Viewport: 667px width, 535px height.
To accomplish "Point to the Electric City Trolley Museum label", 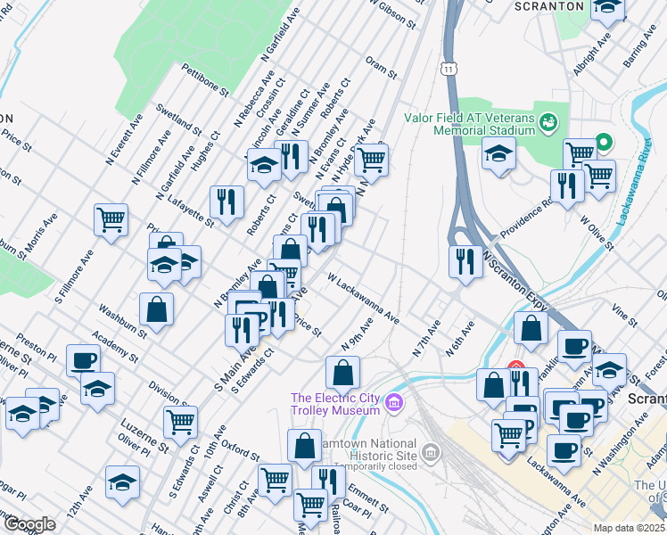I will tap(334, 404).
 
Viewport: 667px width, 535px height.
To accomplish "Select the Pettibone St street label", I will tap(205, 79).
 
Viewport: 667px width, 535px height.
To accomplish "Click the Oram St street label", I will tap(381, 67).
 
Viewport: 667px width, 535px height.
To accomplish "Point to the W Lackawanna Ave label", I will tap(362, 299).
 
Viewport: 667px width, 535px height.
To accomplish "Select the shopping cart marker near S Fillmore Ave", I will tap(111, 218).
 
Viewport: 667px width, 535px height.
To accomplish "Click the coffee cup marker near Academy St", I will tap(84, 360).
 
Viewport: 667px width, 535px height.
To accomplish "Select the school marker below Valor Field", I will tap(498, 152).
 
